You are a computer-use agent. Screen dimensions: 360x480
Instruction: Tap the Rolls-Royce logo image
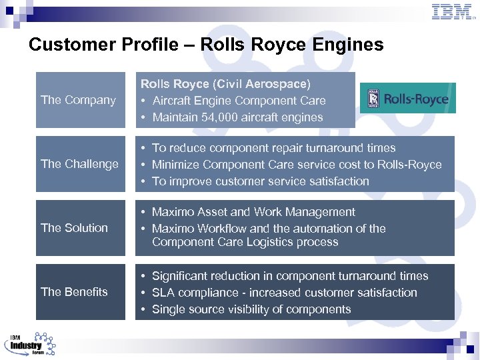tap(408, 99)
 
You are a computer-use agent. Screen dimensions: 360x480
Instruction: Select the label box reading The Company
tap(80, 100)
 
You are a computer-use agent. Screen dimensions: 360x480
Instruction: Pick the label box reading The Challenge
tap(80, 164)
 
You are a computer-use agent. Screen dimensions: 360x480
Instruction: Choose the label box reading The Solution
tap(80, 228)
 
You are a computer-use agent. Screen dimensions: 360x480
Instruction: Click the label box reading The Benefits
tap(80, 292)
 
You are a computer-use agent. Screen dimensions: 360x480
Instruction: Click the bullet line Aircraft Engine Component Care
tap(239, 101)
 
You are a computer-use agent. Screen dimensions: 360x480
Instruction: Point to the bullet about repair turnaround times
tap(273, 148)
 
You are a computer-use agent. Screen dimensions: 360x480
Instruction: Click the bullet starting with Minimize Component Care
tap(297, 165)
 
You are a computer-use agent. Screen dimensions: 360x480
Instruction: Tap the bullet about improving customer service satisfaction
tap(260, 181)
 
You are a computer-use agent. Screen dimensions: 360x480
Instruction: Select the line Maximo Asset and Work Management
tap(253, 212)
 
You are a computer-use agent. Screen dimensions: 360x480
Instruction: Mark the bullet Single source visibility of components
tap(251, 309)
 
